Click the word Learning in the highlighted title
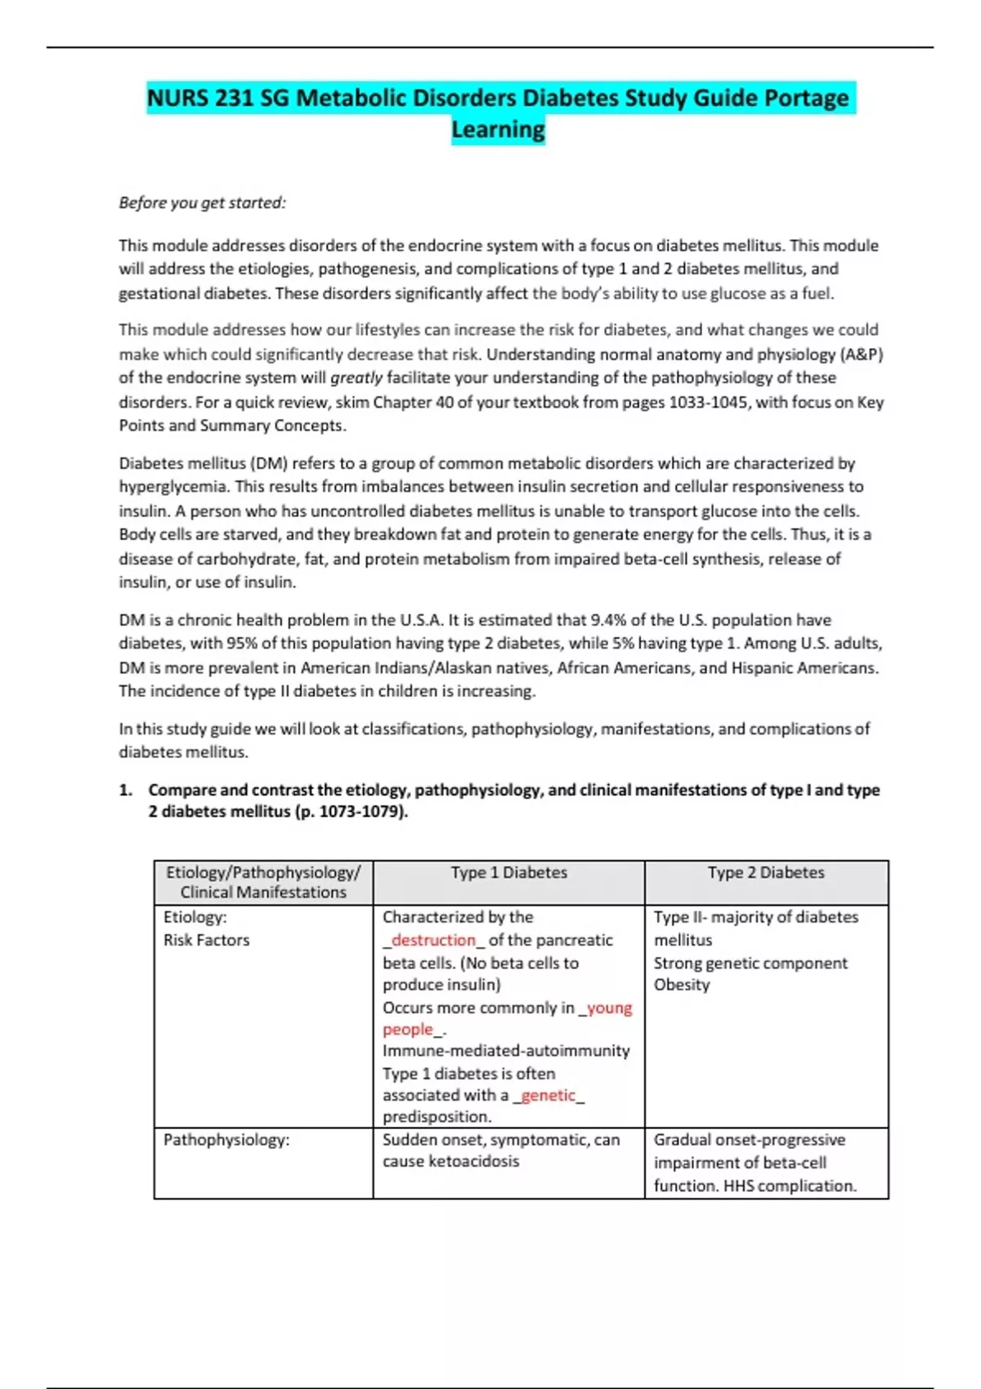498,129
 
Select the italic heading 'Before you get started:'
202,203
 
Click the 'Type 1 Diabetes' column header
508,873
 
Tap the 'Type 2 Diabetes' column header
766,873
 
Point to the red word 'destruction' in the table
433,940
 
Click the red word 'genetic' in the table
548,1096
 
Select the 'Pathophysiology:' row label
226,1140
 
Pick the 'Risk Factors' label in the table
206,940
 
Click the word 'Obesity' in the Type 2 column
682,985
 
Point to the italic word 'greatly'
356,378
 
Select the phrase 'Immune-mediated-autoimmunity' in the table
506,1051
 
